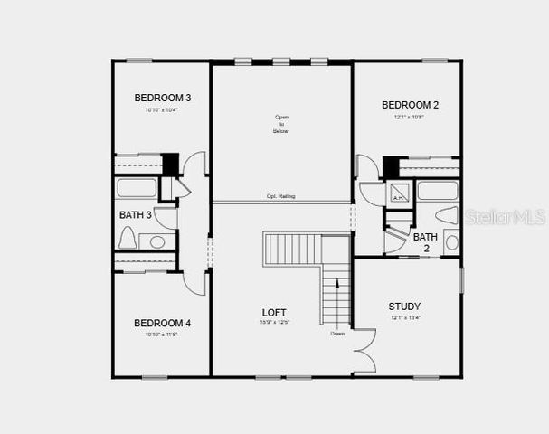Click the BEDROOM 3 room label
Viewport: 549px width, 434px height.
[x=162, y=98]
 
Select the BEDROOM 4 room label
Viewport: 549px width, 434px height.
[x=162, y=323]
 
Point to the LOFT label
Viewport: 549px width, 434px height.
[x=274, y=313]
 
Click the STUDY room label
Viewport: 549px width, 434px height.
[x=404, y=307]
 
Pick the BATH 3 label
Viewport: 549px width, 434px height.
[x=136, y=215]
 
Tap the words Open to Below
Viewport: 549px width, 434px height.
[x=280, y=124]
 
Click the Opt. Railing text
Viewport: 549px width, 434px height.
[x=280, y=197]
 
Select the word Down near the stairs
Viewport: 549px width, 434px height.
[x=336, y=334]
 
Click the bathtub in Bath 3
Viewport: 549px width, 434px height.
[x=138, y=188]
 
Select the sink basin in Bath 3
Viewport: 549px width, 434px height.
[x=157, y=241]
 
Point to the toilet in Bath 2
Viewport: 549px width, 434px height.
[x=447, y=215]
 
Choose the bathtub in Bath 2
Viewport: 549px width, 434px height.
[x=438, y=191]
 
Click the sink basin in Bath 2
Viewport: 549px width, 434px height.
[x=451, y=242]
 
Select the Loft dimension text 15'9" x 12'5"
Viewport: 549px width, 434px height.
[x=274, y=323]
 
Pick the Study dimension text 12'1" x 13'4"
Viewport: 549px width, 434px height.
[x=404, y=317]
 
